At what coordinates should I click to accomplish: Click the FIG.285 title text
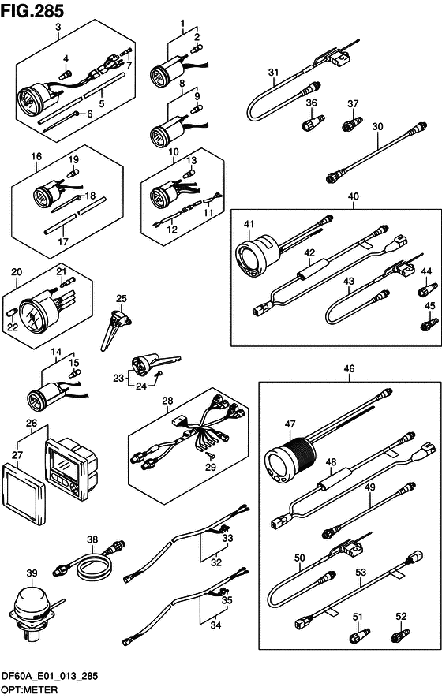click(32, 10)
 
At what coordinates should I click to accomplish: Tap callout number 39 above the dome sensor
click(32, 573)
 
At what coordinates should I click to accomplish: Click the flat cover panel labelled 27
click(24, 494)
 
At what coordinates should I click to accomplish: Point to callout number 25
click(122, 299)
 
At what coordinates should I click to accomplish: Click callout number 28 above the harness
click(167, 401)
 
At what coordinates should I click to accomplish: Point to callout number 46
click(350, 368)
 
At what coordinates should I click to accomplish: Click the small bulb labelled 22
click(13, 312)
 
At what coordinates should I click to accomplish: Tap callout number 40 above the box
click(354, 196)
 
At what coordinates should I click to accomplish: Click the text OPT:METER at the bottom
click(29, 689)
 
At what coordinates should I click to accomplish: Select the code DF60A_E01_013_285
click(50, 677)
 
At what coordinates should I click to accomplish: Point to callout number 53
click(361, 571)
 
